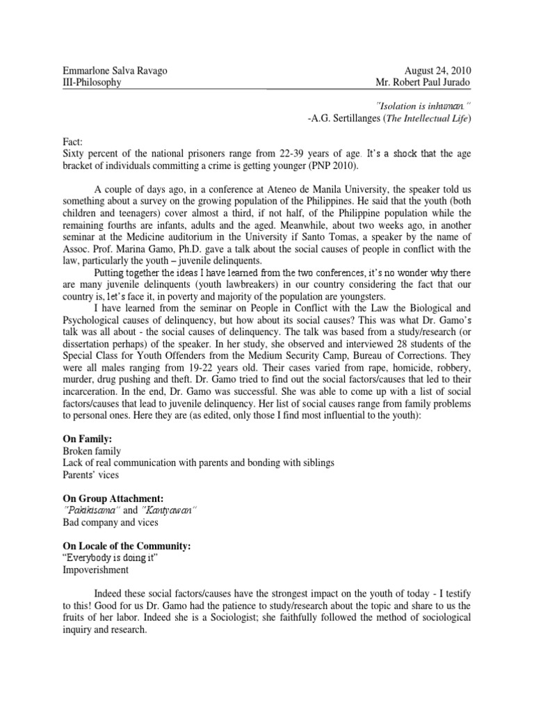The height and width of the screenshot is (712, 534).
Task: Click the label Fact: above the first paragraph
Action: click(x=72, y=140)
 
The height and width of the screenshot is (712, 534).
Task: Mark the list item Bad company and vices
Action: click(x=110, y=521)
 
